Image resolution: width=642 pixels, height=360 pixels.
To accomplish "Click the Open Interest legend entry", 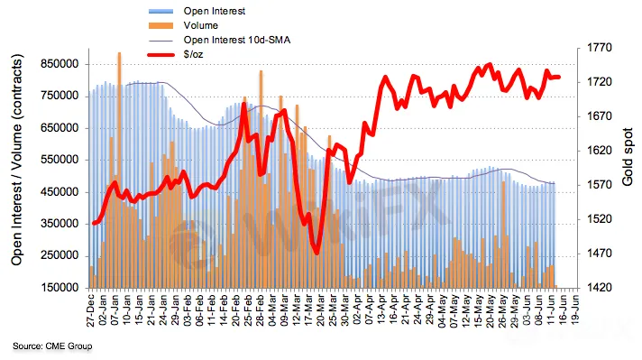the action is click(214, 11).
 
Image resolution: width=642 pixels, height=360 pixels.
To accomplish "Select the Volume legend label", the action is click(200, 25).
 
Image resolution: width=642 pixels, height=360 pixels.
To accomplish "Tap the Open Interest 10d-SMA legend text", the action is click(236, 40).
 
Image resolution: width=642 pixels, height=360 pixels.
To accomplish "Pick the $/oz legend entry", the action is click(193, 54).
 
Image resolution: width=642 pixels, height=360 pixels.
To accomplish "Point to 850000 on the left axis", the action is click(60, 64).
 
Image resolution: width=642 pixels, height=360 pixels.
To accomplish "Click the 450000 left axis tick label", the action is click(60, 191).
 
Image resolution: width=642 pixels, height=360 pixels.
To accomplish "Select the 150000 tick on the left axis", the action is click(60, 288).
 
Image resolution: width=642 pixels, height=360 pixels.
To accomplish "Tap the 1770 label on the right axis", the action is click(600, 48).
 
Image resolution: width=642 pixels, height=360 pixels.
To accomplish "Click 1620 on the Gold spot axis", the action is click(600, 151).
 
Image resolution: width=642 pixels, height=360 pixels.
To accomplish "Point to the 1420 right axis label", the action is click(600, 288).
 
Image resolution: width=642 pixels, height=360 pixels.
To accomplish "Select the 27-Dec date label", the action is click(91, 310).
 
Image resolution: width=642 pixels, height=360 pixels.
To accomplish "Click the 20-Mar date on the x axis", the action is click(321, 310).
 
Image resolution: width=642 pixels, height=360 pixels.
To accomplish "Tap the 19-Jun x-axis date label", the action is click(575, 310).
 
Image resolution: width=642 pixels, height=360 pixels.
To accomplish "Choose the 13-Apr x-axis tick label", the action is click(381, 310).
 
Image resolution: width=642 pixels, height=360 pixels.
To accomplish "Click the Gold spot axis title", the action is click(627, 157).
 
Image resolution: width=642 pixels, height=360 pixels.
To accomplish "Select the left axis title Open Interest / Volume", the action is click(17, 160).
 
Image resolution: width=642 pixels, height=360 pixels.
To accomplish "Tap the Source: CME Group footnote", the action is click(52, 346).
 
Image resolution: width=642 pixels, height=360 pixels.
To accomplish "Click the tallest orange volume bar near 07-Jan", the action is click(119, 170).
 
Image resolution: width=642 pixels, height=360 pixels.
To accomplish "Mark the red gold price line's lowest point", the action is click(316, 253).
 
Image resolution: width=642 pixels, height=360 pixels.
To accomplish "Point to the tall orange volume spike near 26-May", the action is click(504, 235).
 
